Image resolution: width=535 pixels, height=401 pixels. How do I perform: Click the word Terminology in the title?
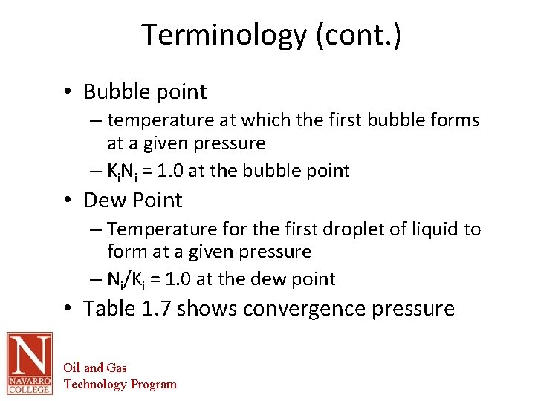pyautogui.click(x=224, y=35)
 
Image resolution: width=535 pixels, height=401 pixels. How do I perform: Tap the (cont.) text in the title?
pyautogui.click(x=358, y=35)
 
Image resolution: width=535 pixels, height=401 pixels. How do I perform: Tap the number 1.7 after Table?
pyautogui.click(x=157, y=307)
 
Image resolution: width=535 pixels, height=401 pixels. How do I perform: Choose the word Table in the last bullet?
pyautogui.click(x=109, y=307)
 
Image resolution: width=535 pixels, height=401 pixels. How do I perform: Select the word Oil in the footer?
pyautogui.click(x=72, y=368)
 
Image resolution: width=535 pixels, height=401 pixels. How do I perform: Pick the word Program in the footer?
pyautogui.click(x=154, y=384)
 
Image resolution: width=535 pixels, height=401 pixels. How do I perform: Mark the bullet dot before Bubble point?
pyautogui.click(x=67, y=92)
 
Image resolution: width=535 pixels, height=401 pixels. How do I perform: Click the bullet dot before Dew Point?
pyautogui.click(x=67, y=200)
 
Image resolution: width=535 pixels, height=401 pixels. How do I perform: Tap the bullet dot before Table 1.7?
pyautogui.click(x=67, y=308)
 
